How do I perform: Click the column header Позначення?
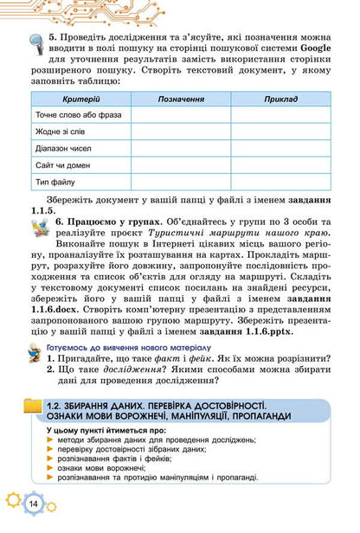[x=181, y=100]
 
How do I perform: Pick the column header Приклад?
[x=280, y=100]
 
